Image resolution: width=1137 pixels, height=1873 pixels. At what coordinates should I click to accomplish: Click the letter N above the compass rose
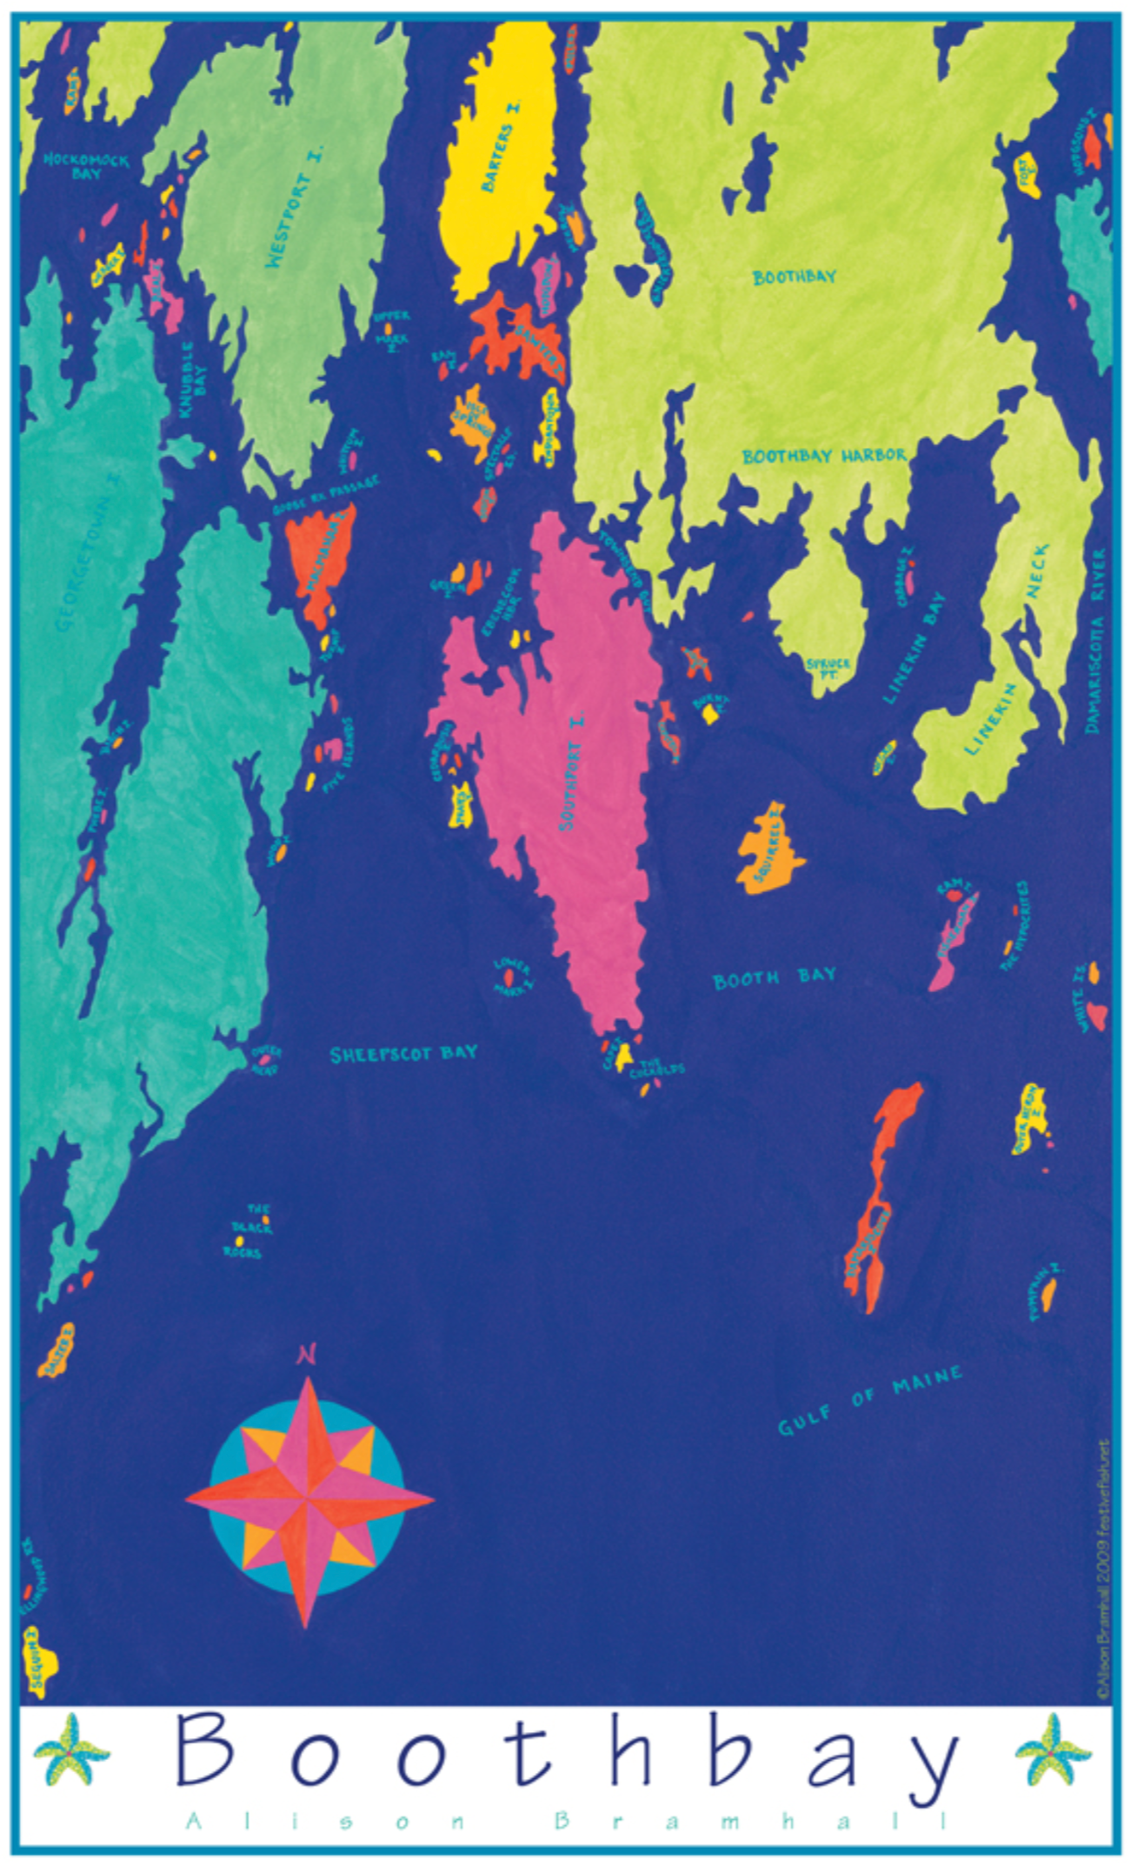[x=306, y=1354]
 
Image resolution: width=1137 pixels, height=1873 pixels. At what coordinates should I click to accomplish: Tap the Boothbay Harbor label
[x=824, y=456]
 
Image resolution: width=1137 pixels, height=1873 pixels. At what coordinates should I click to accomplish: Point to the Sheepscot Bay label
[x=403, y=1054]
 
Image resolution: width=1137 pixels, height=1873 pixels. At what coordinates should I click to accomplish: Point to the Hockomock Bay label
[x=86, y=166]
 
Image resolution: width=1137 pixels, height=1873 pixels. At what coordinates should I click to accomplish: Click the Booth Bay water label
[x=774, y=978]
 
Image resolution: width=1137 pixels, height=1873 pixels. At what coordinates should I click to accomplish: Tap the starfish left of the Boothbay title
[x=71, y=1748]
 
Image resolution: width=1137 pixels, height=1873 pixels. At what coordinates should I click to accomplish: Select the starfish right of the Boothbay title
[x=1053, y=1748]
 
